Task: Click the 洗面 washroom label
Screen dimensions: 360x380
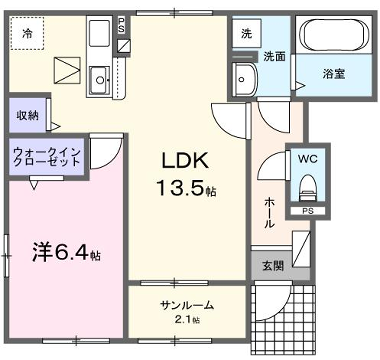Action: coord(274,57)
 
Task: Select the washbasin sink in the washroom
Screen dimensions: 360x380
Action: coord(245,77)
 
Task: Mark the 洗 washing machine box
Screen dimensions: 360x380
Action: coord(246,33)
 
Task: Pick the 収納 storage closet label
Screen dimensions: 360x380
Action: coord(27,116)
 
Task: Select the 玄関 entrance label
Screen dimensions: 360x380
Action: coord(272,266)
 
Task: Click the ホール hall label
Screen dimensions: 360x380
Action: coord(270,212)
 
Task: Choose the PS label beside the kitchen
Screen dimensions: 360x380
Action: coord(122,24)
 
